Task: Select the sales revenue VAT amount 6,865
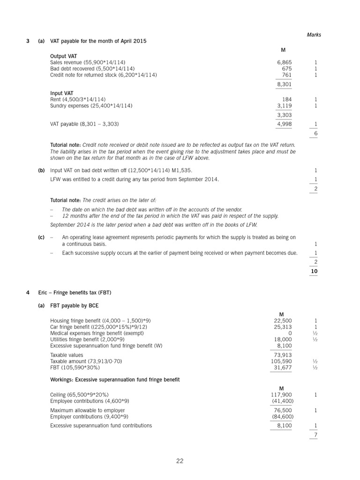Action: point(285,62)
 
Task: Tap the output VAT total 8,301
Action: point(285,84)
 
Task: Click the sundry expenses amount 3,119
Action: point(285,106)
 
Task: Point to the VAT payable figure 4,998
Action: point(285,124)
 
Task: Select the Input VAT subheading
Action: point(61,93)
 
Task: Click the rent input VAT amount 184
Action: point(287,99)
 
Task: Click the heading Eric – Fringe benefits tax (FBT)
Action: point(75,293)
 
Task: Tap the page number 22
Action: point(180,461)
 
